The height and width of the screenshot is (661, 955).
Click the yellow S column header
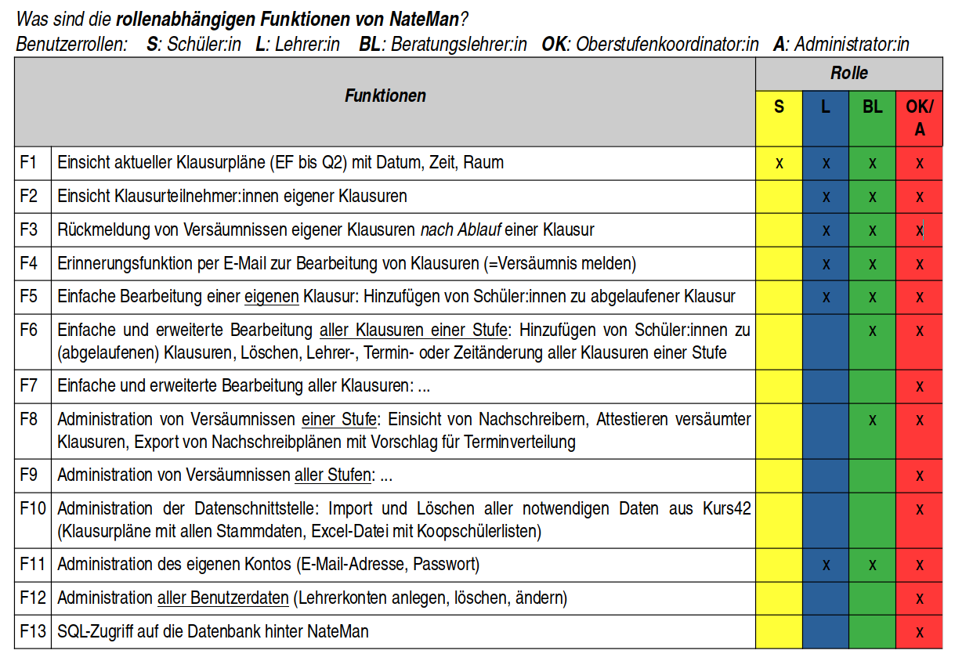click(x=779, y=107)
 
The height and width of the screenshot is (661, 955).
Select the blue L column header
click(x=826, y=107)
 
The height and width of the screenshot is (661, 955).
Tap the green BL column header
click(x=873, y=107)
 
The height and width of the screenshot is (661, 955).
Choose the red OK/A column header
click(x=920, y=117)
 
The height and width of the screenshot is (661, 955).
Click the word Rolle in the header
click(x=849, y=74)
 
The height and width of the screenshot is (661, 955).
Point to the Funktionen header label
click(x=385, y=96)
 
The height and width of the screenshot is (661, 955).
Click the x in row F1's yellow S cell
click(x=779, y=163)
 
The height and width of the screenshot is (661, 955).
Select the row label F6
click(x=29, y=330)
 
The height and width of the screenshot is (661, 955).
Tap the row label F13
click(x=32, y=631)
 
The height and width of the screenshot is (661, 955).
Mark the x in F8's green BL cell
click(x=873, y=421)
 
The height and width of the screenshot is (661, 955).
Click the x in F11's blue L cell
click(x=826, y=565)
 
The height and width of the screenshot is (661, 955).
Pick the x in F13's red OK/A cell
click(x=920, y=632)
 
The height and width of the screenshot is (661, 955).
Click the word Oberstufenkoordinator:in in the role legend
click(x=667, y=45)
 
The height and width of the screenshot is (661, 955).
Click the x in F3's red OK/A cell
click(x=920, y=230)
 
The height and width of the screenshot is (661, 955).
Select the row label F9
click(x=29, y=475)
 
